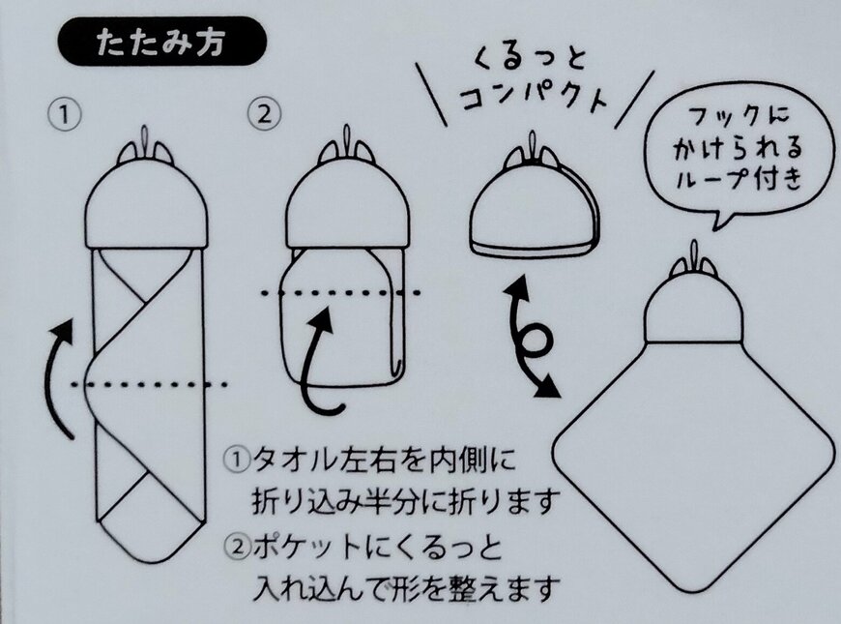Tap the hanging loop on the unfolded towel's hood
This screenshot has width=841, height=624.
point(693,253)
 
